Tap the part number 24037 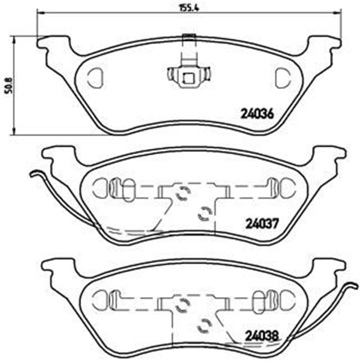pos(262,223)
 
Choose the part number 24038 pos(262,335)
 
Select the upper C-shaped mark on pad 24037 pos(183,194)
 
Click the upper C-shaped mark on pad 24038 pos(182,306)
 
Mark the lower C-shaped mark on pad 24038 pos(203,326)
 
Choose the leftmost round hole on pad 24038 pos(99,298)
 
